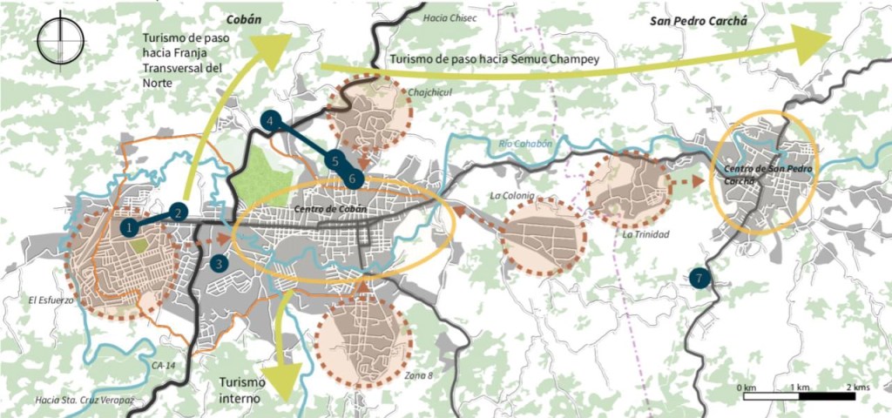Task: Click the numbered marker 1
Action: pyautogui.click(x=129, y=226)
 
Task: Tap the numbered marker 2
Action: pyautogui.click(x=177, y=211)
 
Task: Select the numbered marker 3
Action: pyautogui.click(x=219, y=263)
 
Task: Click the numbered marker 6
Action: pyautogui.click(x=353, y=179)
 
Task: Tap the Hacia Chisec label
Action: pyautogui.click(x=446, y=17)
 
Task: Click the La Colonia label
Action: pyautogui.click(x=511, y=196)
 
